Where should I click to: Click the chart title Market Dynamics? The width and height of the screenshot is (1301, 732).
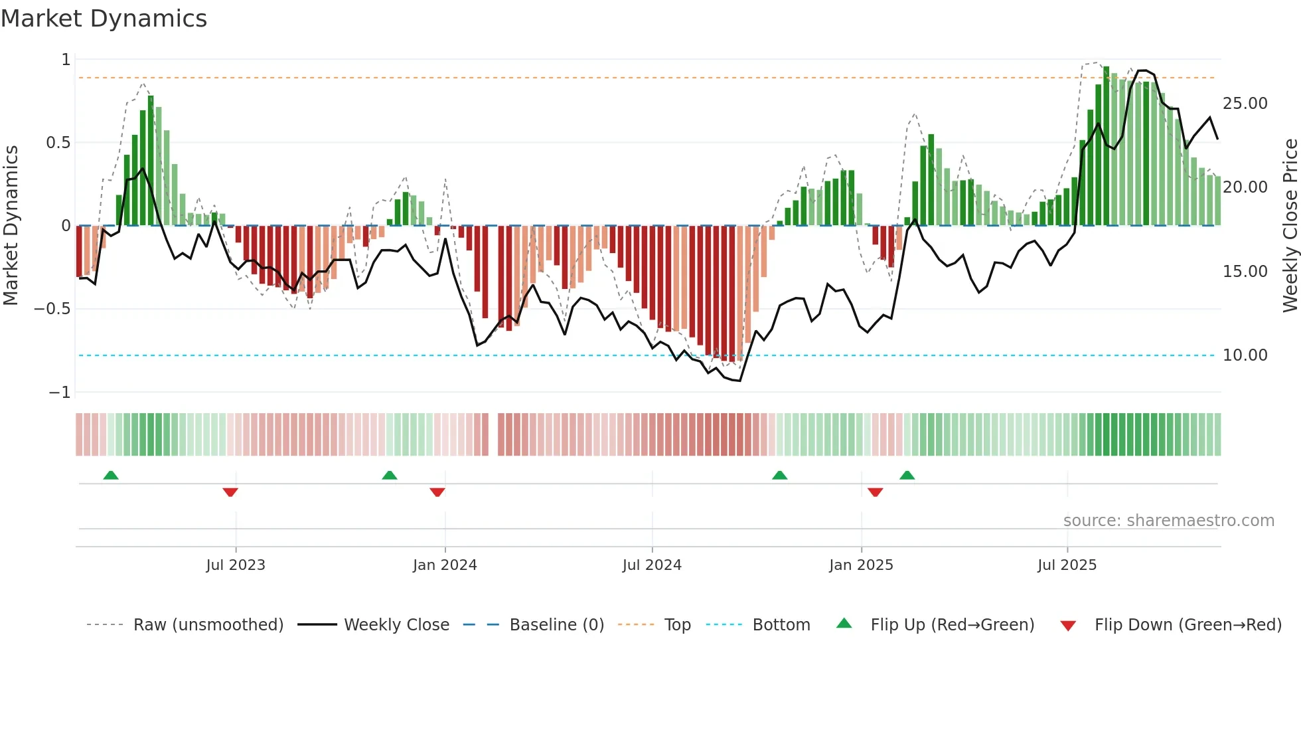coord(104,19)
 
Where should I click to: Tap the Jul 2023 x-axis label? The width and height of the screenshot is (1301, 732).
coord(235,565)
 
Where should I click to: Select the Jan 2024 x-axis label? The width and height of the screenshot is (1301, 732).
coord(445,565)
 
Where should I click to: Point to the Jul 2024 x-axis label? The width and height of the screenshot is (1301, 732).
coord(652,565)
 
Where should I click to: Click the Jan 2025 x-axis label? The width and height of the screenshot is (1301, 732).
coord(861,565)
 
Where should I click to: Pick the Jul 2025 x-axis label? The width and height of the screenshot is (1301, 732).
coord(1067,565)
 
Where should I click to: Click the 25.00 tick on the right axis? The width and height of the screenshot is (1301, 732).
coord(1245,104)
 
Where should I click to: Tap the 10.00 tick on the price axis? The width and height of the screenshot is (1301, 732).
coord(1245,355)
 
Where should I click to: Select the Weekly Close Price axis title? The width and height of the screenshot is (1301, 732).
coord(1290,225)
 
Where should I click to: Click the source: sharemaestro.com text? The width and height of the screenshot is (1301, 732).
coord(1168,521)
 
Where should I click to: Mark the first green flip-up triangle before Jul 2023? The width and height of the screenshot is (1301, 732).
coord(111,475)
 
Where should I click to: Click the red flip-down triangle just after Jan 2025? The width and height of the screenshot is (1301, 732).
coord(875,492)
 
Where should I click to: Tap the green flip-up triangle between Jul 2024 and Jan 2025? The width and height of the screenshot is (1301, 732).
coord(780,475)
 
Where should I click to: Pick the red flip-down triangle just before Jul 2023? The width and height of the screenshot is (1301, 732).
coord(230,492)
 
